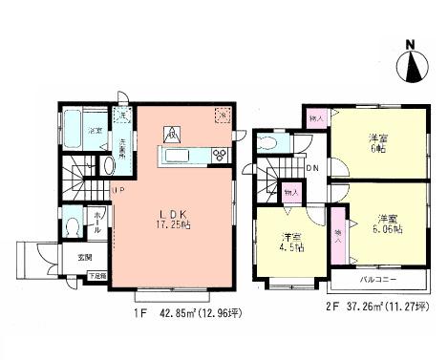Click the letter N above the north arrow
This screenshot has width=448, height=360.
pyautogui.click(x=412, y=42)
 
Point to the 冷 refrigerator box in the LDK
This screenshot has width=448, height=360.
pyautogui.click(x=223, y=114)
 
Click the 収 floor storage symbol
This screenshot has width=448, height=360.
pyautogui.click(x=174, y=132)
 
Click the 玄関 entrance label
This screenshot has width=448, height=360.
pyautogui.click(x=84, y=258)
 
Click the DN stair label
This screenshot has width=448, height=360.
pyautogui.click(x=312, y=165)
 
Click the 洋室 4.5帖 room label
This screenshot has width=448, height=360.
pyautogui.click(x=291, y=244)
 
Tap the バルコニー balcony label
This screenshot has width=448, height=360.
pyautogui.click(x=375, y=284)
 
